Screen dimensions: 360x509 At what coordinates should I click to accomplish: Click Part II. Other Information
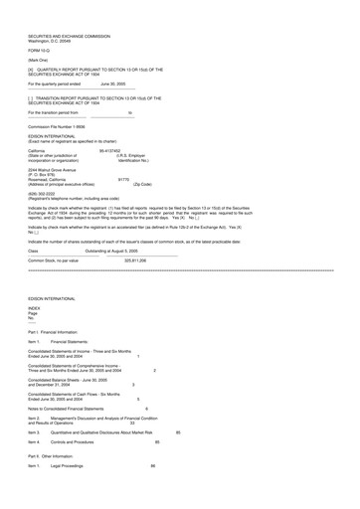click(x=61, y=482)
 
